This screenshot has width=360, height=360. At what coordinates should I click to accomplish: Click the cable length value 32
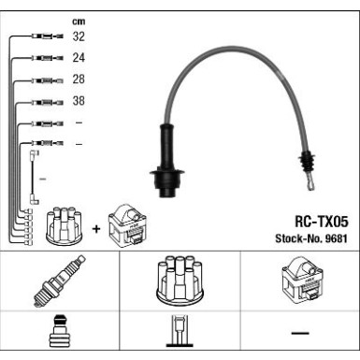tap(79, 37)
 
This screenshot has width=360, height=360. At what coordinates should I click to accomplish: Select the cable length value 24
tap(79, 58)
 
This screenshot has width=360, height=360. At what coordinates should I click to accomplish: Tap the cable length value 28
tap(79, 79)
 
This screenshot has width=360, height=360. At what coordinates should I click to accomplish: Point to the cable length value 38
tap(79, 101)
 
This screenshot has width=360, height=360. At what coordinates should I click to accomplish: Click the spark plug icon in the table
tap(59, 280)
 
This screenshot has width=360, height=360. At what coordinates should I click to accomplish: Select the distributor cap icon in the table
tap(179, 279)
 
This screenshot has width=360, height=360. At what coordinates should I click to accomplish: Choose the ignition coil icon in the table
tap(298, 279)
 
